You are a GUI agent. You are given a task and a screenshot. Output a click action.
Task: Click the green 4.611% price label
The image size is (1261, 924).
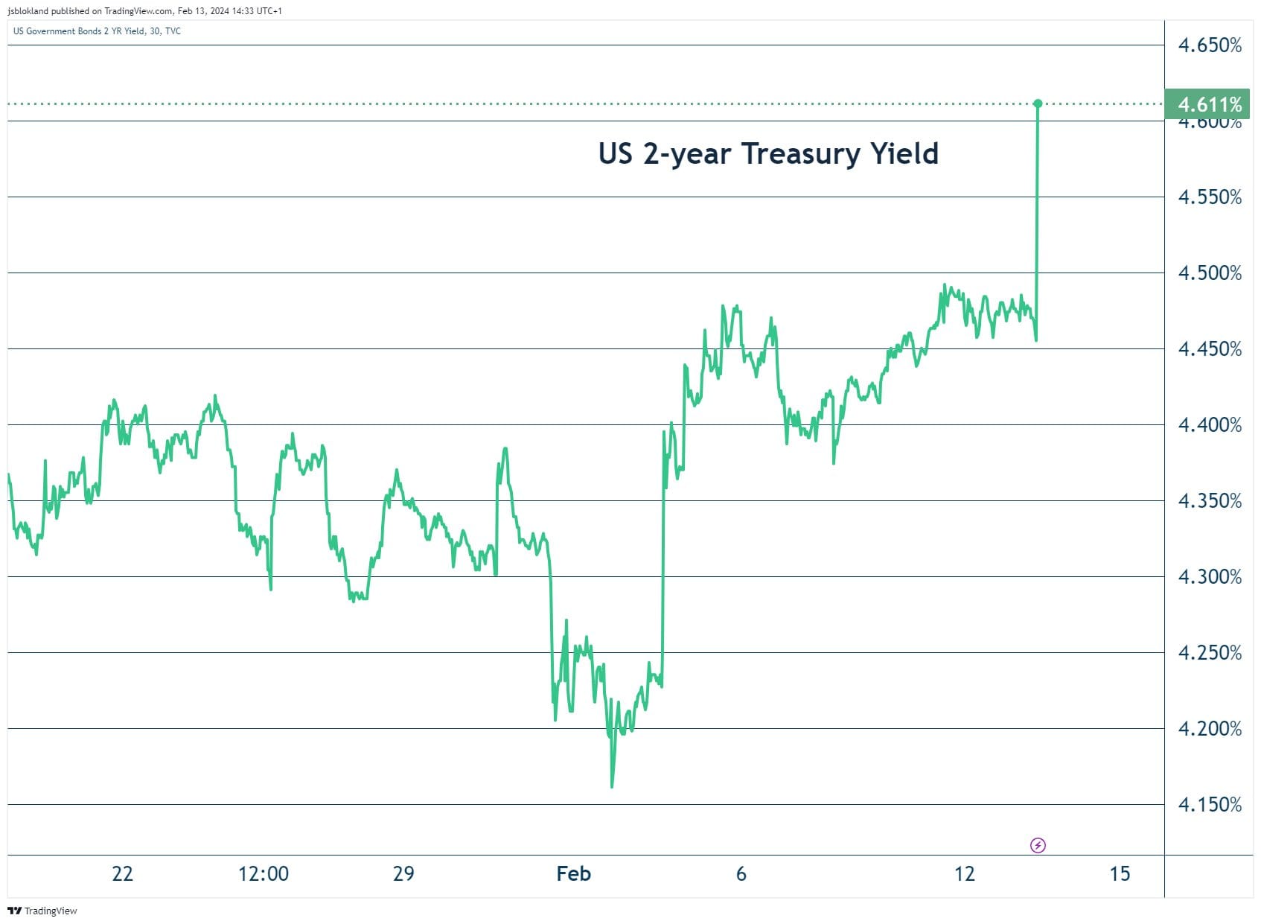(1209, 104)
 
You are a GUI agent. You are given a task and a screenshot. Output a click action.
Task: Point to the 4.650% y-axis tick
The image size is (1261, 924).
(1210, 45)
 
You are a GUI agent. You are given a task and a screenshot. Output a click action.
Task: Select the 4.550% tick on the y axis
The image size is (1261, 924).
(1210, 197)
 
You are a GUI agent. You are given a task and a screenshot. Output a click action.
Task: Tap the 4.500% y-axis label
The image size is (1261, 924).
(1210, 273)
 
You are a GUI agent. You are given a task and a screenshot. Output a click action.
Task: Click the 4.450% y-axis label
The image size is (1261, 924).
(1210, 349)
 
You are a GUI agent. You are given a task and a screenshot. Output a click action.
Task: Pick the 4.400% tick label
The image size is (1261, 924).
(1210, 425)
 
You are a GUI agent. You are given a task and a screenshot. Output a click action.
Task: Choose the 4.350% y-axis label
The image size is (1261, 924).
(1210, 501)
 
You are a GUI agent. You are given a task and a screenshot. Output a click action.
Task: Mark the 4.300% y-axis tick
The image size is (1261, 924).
(1210, 577)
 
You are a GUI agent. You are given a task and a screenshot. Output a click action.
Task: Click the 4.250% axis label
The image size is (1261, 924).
(1210, 653)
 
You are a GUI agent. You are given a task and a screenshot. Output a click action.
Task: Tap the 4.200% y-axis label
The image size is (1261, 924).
(1210, 729)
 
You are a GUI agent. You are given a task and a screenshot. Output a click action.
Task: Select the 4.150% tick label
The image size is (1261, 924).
(1210, 805)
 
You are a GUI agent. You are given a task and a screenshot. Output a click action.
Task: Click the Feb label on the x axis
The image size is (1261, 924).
(573, 873)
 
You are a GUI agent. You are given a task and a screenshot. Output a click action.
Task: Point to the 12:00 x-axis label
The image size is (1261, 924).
(263, 873)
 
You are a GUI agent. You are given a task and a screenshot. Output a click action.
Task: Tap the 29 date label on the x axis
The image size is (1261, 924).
(403, 873)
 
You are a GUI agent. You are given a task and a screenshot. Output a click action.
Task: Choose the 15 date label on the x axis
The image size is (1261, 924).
(1120, 873)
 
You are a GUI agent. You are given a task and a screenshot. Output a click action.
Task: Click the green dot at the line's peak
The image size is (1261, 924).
(1038, 103)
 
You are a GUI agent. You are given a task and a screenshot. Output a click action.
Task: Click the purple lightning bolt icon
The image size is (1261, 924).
(1038, 845)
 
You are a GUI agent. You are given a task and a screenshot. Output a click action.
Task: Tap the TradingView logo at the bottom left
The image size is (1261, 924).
(42, 911)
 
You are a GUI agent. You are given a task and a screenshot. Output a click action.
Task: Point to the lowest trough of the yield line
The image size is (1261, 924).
(612, 786)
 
